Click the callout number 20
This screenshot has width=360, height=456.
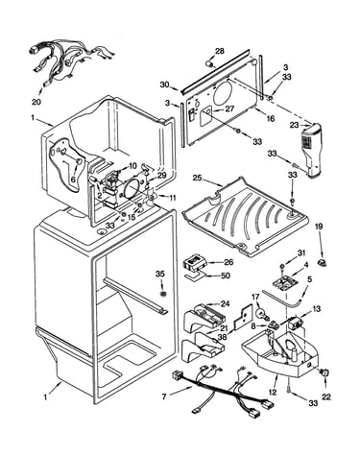36,102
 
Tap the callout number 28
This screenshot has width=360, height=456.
220,51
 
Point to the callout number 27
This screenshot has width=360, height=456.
229,108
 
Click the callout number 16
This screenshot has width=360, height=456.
270,119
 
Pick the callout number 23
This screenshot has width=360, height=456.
295,126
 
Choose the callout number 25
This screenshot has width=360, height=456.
197,178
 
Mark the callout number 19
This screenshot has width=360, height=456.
319,227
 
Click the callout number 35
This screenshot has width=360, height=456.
160,274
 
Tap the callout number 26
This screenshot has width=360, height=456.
228,262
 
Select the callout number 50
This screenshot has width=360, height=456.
226,276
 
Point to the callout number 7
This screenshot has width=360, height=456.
164,397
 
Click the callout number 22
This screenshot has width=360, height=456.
326,397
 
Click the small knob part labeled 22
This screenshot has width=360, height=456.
324,372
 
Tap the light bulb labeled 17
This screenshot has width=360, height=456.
263,312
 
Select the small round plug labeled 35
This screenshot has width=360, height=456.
163,294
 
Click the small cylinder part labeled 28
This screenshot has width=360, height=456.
211,64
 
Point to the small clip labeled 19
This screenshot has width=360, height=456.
322,263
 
